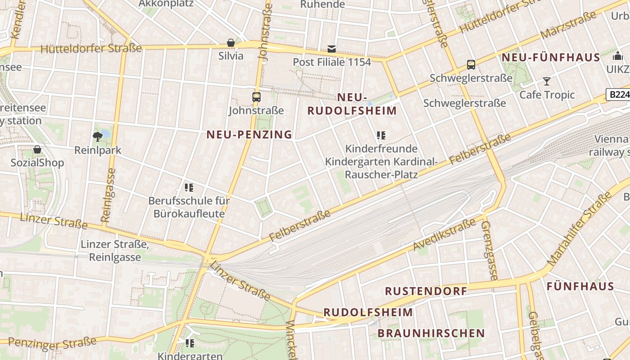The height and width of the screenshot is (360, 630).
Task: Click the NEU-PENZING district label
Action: point(249,134)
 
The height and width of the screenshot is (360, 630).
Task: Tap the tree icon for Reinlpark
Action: point(97,136)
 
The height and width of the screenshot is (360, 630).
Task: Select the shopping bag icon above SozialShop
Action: point(37,149)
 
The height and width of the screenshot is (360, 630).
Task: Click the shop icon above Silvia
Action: point(231,43)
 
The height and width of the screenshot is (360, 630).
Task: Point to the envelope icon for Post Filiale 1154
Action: point(332,49)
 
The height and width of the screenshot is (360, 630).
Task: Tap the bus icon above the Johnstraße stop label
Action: point(256,97)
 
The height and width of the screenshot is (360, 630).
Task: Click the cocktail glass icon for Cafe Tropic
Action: point(547,81)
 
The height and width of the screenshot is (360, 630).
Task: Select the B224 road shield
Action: point(618,94)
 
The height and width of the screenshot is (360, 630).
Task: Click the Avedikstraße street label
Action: point(445,234)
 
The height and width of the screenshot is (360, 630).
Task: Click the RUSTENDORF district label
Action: point(426,291)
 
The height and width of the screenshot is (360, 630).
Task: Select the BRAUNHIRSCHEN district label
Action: point(431,333)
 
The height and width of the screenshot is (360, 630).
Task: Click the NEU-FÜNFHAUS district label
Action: point(551,58)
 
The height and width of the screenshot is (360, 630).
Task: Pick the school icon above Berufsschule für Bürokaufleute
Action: point(189,187)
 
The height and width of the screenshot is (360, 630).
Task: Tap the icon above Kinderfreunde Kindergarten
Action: point(381,135)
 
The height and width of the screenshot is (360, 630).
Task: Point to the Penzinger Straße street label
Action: point(52,343)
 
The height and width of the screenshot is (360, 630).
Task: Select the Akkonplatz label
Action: point(166,4)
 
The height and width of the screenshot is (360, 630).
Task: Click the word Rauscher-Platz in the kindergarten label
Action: point(381,174)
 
